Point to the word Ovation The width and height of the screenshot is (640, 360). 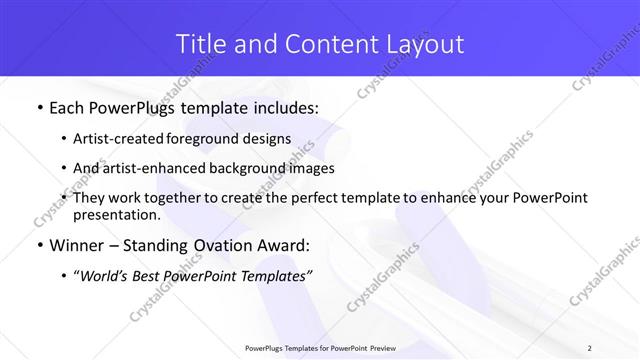229,245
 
